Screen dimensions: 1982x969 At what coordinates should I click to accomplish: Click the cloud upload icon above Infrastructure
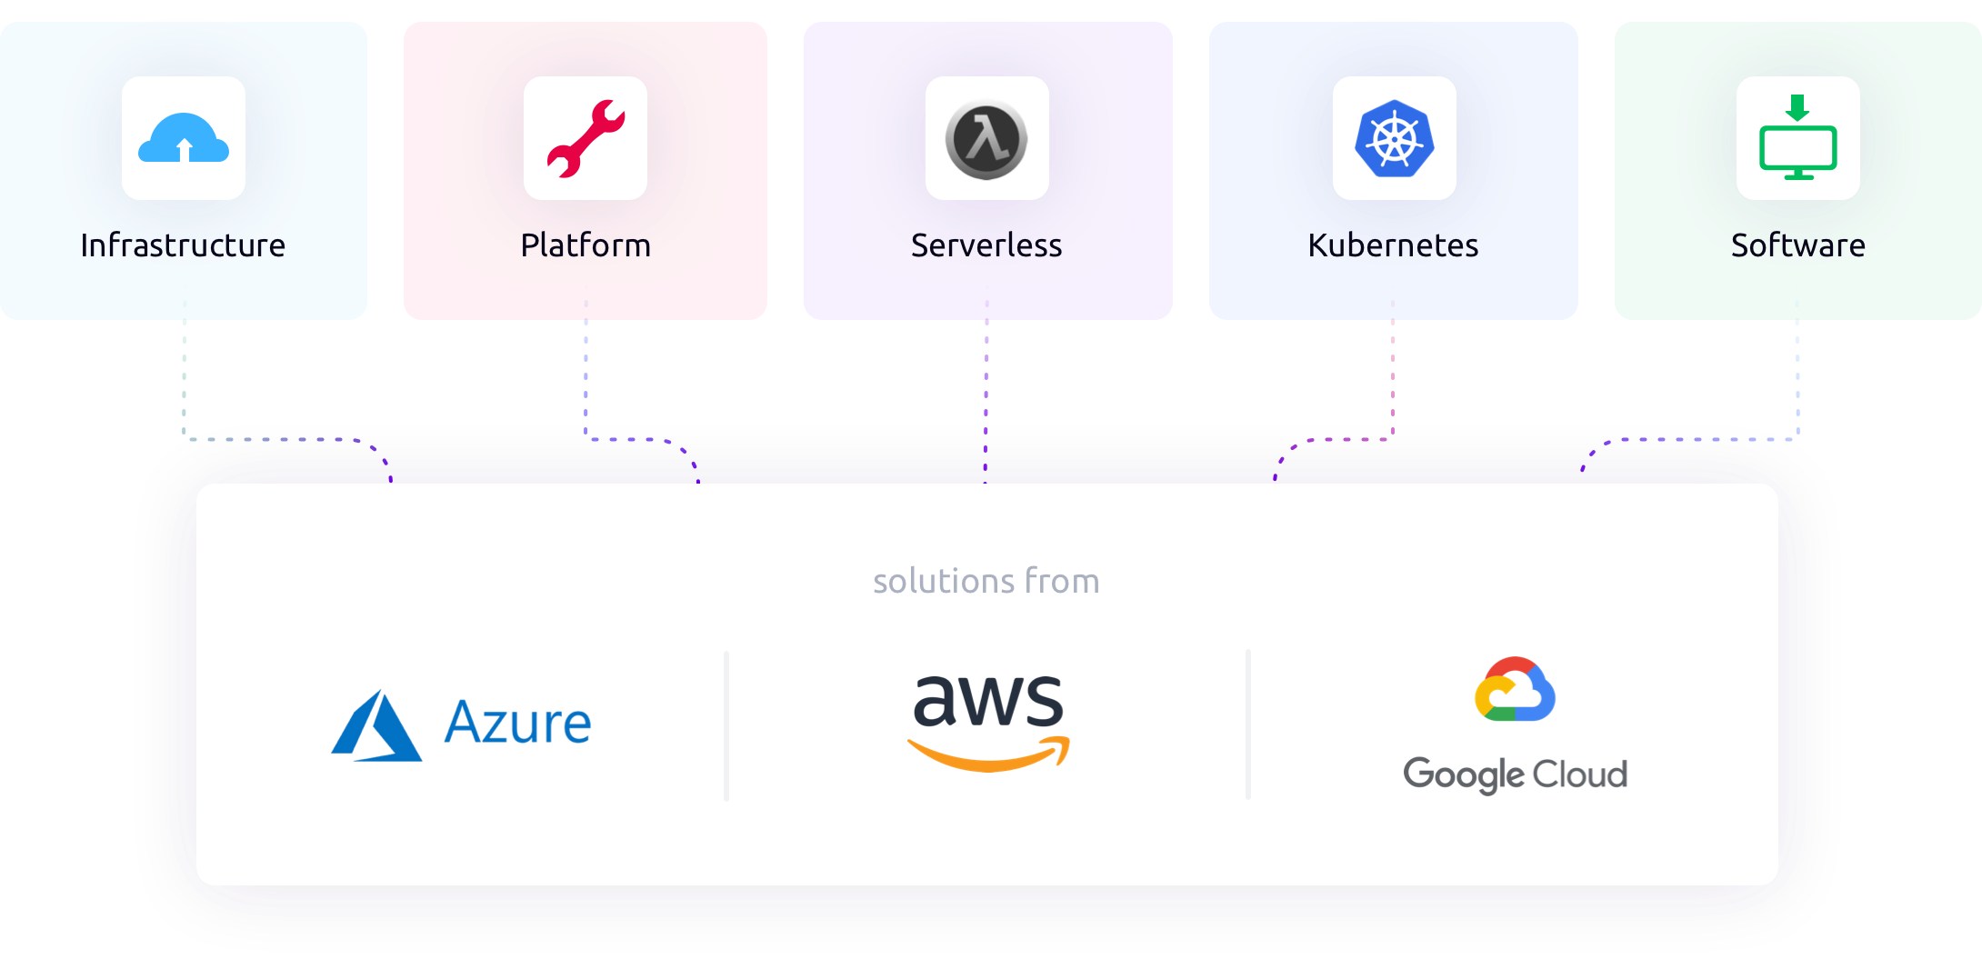[184, 139]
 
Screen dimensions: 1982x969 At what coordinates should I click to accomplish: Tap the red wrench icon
[586, 139]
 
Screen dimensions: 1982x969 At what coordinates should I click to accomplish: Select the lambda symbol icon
[987, 139]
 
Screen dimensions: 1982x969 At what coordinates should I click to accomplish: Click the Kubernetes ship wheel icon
[1394, 139]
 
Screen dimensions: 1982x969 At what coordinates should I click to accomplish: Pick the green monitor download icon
[1797, 139]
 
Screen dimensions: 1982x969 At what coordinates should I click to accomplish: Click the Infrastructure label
[183, 245]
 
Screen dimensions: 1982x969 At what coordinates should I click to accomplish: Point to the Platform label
[586, 245]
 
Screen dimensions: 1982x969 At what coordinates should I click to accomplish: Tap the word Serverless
[986, 245]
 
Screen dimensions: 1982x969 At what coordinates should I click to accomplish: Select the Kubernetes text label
[1393, 245]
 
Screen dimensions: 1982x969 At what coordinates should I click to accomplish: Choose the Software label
[1797, 245]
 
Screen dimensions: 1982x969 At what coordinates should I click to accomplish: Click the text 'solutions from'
[986, 581]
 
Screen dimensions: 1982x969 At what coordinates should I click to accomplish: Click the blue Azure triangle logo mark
[376, 727]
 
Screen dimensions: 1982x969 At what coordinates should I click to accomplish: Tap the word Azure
[517, 724]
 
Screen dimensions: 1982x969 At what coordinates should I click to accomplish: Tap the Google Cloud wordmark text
[1515, 774]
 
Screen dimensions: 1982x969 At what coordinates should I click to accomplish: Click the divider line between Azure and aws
[726, 725]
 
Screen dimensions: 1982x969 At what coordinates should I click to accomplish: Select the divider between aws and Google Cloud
[1248, 725]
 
